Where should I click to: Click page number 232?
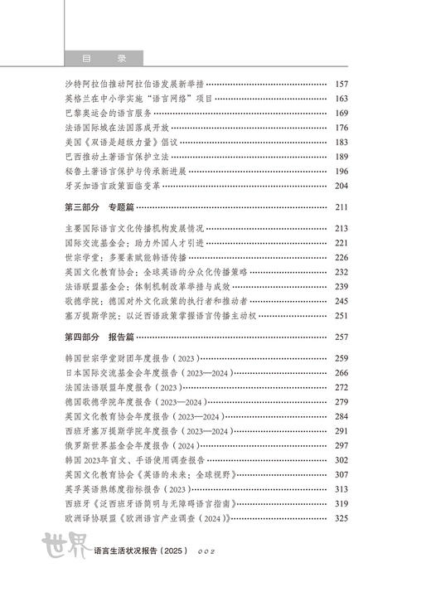[341, 272]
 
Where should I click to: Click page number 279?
[341, 402]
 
